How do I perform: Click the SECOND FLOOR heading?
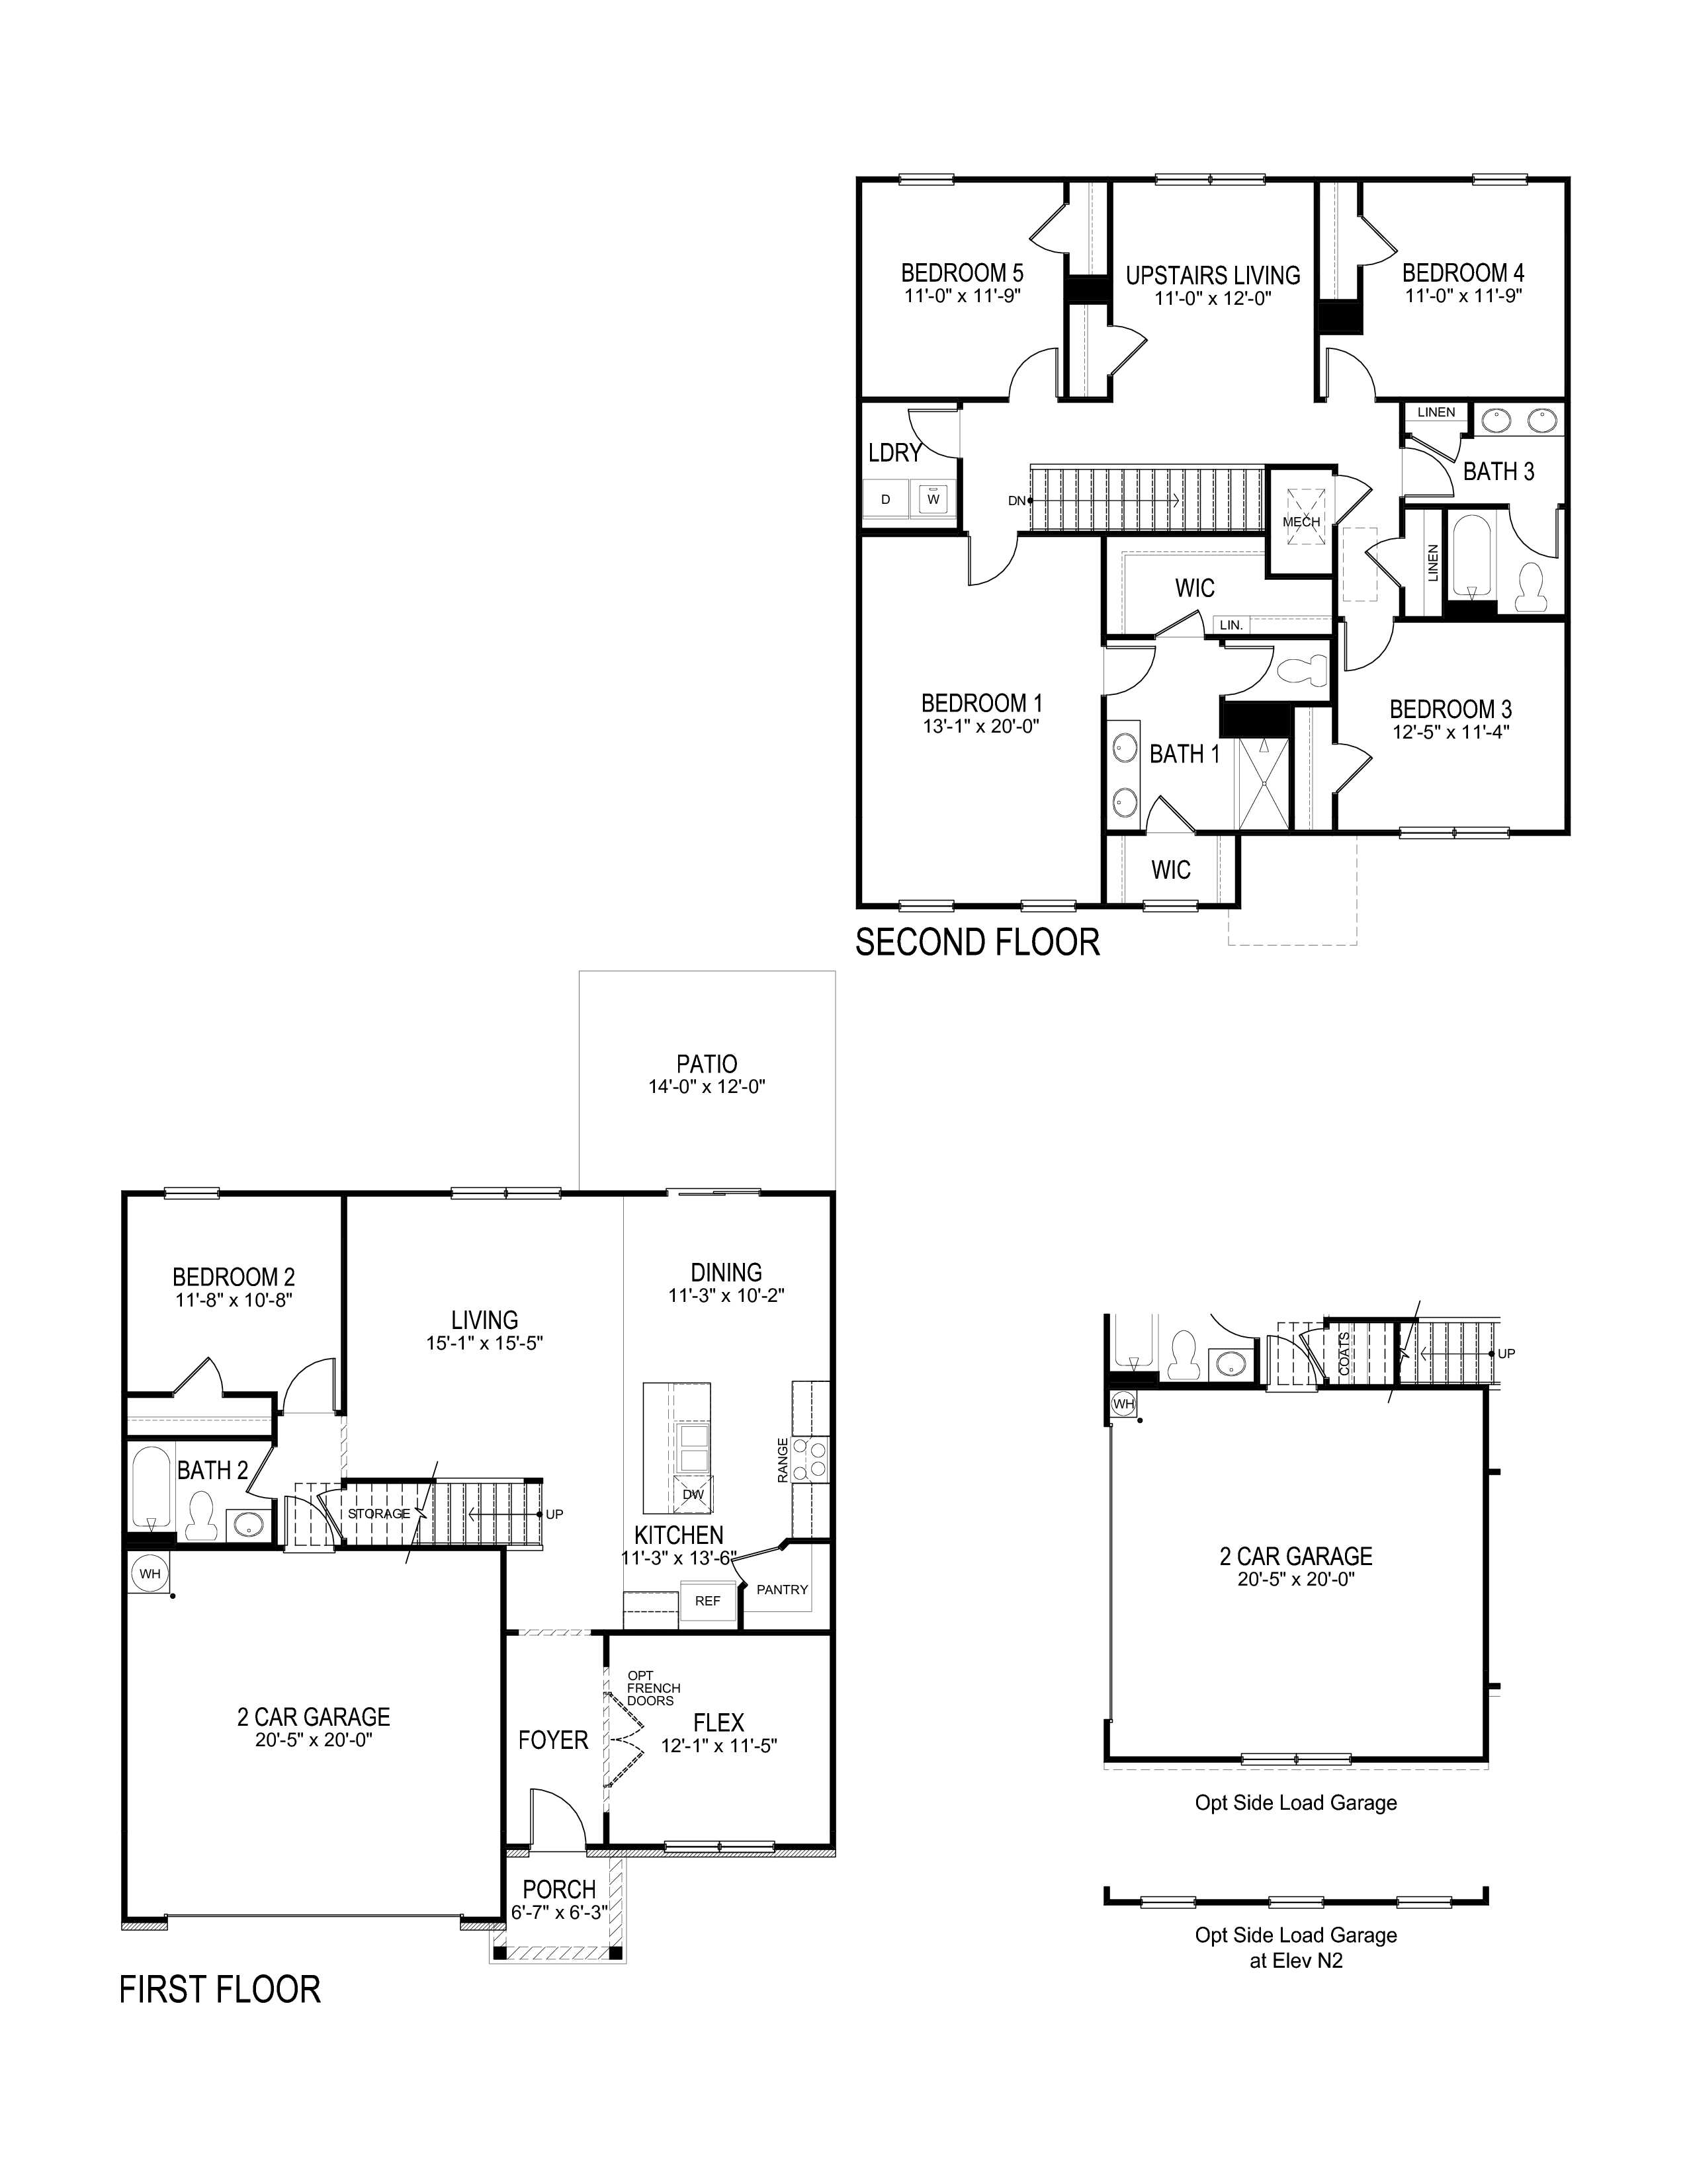pyautogui.click(x=976, y=942)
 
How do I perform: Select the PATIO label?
pyautogui.click(x=707, y=1064)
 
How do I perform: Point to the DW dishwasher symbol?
pyautogui.click(x=693, y=1494)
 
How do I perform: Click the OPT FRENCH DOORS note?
pyautogui.click(x=652, y=1689)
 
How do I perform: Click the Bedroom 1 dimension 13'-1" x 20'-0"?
pyautogui.click(x=981, y=726)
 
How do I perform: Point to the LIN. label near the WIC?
pyautogui.click(x=1231, y=624)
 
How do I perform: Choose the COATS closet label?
pyautogui.click(x=1344, y=1353)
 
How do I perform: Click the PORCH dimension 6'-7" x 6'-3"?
pyautogui.click(x=558, y=1912)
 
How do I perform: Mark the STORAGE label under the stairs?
pyautogui.click(x=379, y=1514)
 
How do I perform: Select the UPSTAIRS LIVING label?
pyautogui.click(x=1212, y=275)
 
